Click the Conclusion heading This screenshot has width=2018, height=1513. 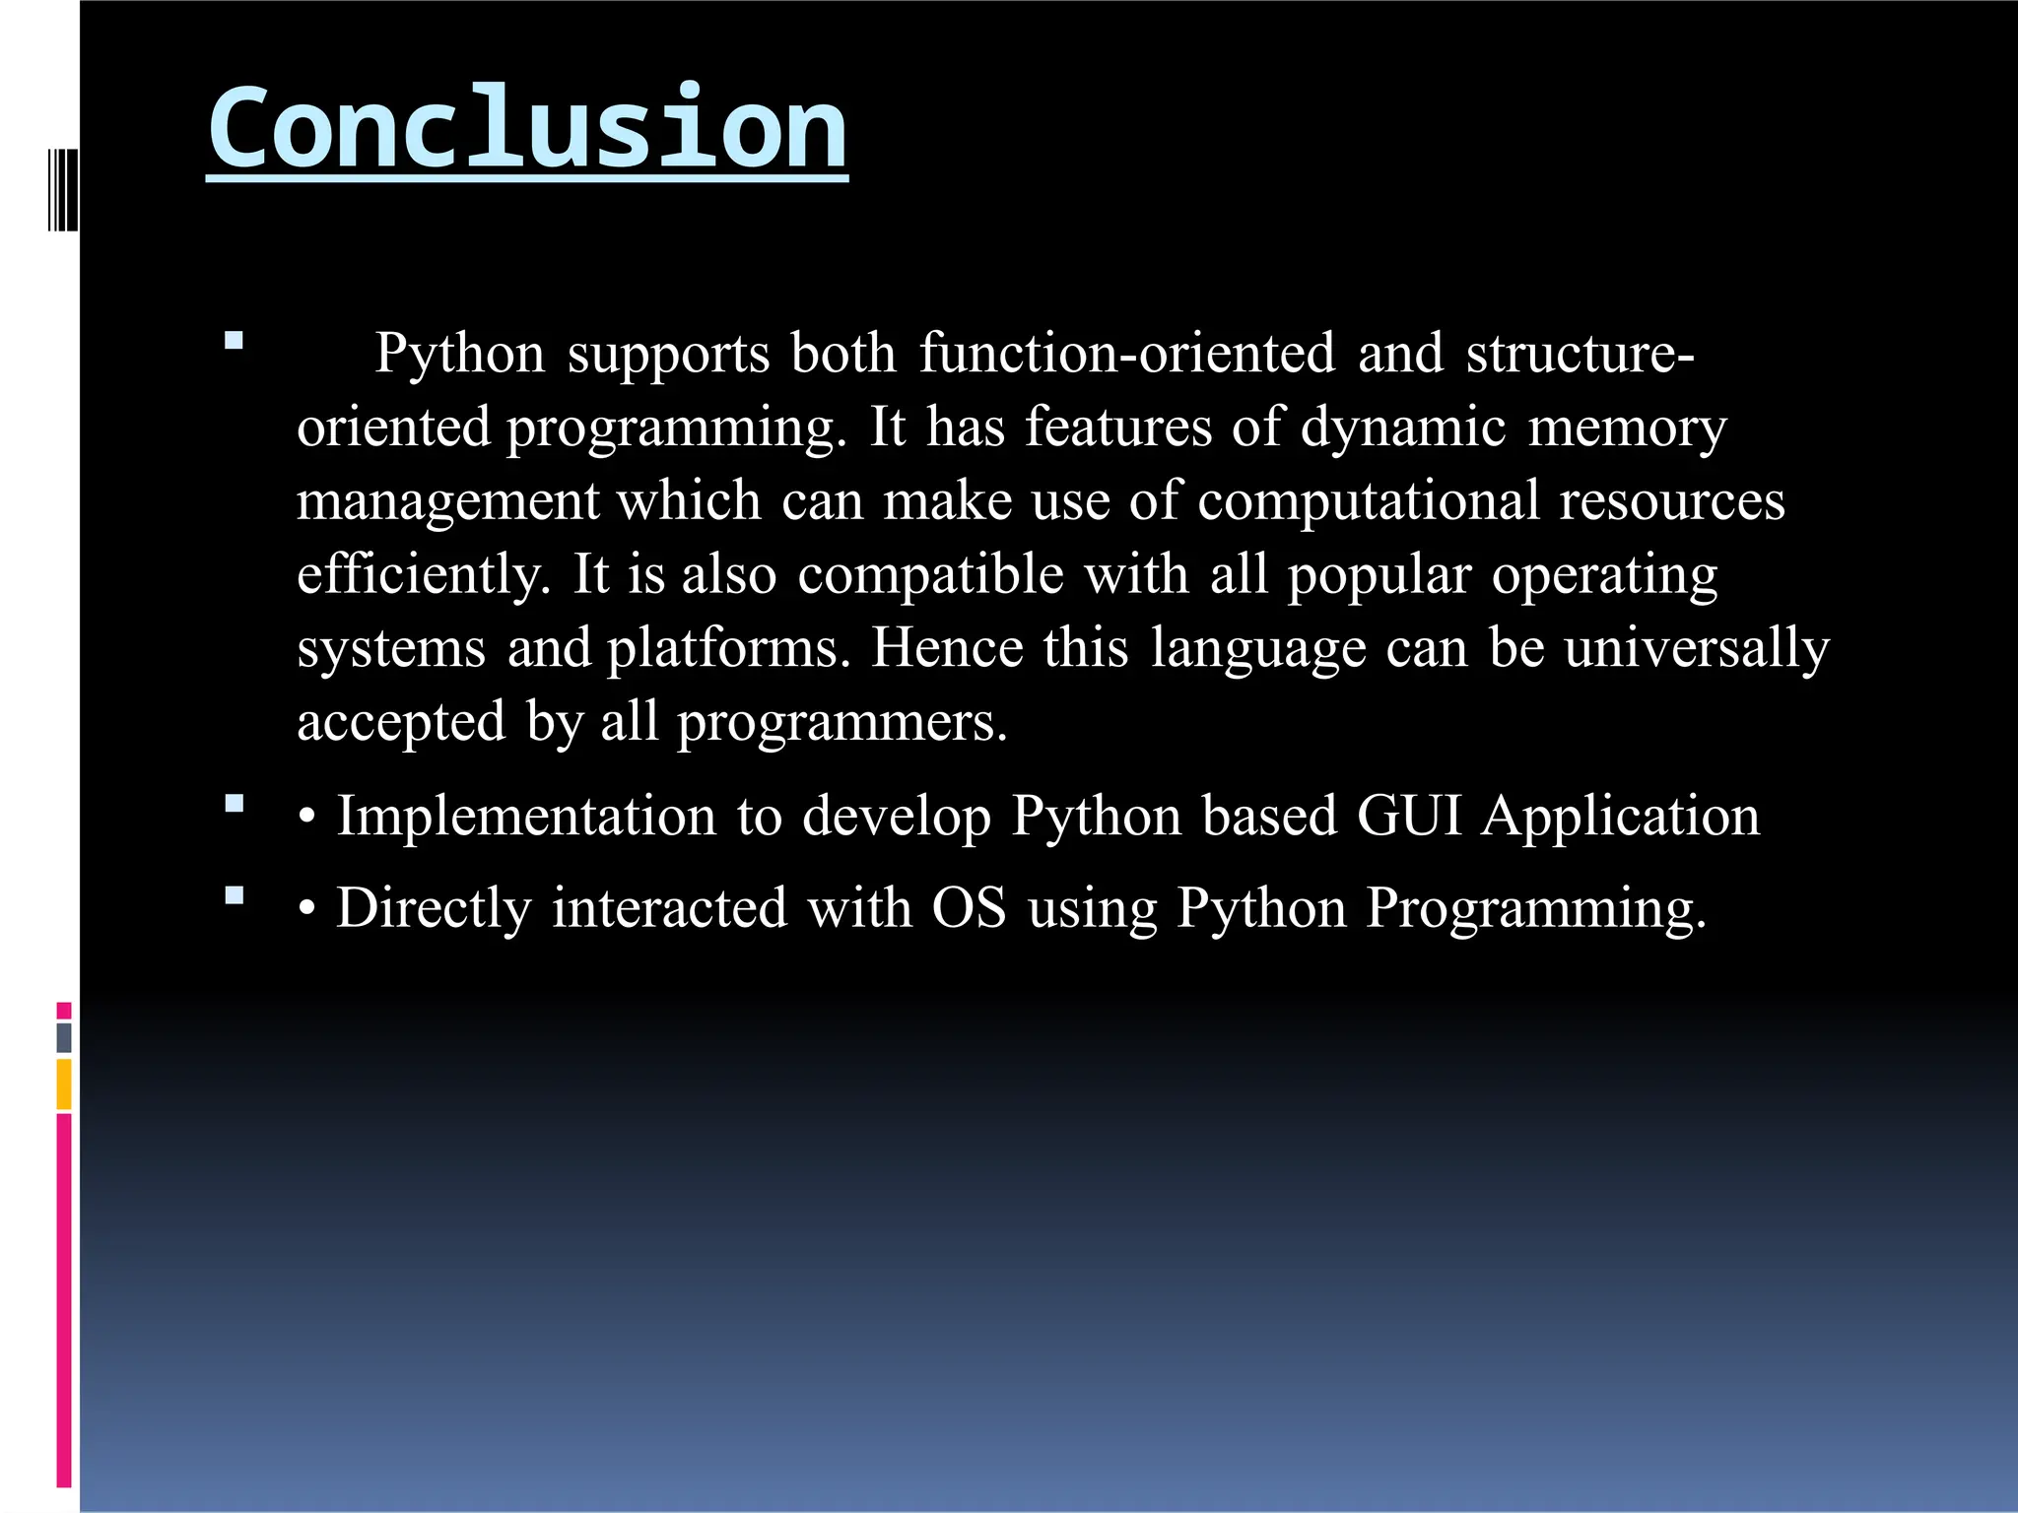pyautogui.click(x=527, y=128)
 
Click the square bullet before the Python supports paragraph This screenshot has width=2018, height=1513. pyautogui.click(x=234, y=342)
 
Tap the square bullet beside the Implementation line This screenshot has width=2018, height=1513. pyautogui.click(x=234, y=804)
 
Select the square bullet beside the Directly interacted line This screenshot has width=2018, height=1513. pyautogui.click(x=234, y=895)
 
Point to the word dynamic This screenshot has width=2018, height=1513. pyautogui.click(x=1403, y=428)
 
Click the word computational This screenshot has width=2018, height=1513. pyautogui.click(x=1368, y=501)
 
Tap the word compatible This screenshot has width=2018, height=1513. pyautogui.click(x=930, y=574)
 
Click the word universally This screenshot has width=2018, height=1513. pyautogui.click(x=1696, y=649)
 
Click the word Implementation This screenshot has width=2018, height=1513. pyautogui.click(x=526, y=817)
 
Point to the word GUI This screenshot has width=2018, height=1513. pyautogui.click(x=1409, y=817)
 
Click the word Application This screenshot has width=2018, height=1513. pyautogui.click(x=1621, y=817)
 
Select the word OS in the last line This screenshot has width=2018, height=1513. pyautogui.click(x=969, y=907)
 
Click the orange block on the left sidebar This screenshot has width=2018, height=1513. pyautogui.click(x=64, y=1084)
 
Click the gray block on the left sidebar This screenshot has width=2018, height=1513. pyautogui.click(x=64, y=1037)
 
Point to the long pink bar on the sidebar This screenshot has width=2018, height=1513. pyautogui.click(x=64, y=1300)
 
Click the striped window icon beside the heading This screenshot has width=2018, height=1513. pyautogui.click(x=62, y=189)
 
